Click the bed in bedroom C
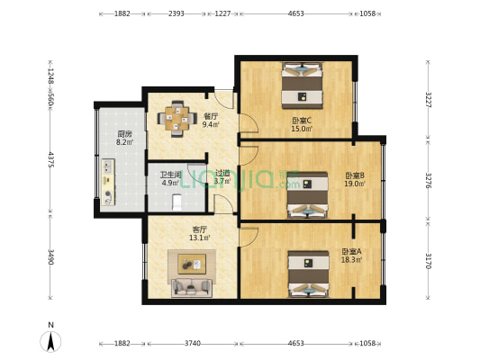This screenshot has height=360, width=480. pos(302,85)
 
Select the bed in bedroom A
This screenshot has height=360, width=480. pos(306,274)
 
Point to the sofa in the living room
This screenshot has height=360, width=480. pos(191,286)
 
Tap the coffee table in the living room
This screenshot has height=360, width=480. pos(191,263)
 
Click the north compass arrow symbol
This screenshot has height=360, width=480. pos(53,340)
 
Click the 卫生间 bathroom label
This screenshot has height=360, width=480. pos(171,175)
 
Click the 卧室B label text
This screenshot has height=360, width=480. pos(354,175)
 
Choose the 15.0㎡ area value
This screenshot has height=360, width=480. pos(302,129)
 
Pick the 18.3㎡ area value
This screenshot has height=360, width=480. pos(351,260)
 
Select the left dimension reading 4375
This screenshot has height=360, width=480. pos(51,159)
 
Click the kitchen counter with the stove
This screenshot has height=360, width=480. pos(108,180)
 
